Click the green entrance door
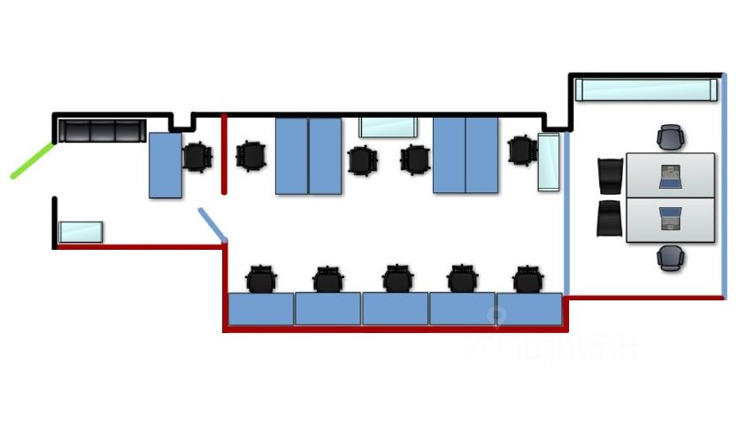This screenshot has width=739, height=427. coord(33,159)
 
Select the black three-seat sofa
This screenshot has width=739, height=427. coord(100,130)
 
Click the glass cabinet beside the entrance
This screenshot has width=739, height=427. coord(81,232)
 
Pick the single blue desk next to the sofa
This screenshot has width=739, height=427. coord(166,165)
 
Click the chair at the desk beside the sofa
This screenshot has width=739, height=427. coord(197,157)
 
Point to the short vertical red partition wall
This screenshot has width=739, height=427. coord(224,152)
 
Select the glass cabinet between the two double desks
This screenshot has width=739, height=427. coord(388,127)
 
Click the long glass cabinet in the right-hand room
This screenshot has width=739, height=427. coord(645,90)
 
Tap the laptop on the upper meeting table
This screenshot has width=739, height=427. coord(671,176)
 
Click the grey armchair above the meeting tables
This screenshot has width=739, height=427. coord(670,137)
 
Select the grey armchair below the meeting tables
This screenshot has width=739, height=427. coord(670,258)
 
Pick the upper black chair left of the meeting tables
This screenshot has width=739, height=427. coord(611,175)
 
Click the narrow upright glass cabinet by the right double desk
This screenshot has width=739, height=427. coord(550,162)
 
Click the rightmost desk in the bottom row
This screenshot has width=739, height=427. coord(529,309)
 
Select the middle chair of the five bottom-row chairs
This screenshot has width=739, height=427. coord(397,278)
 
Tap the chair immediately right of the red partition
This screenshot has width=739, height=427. coord(252,156)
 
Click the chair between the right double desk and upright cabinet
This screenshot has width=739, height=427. coord(522,150)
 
